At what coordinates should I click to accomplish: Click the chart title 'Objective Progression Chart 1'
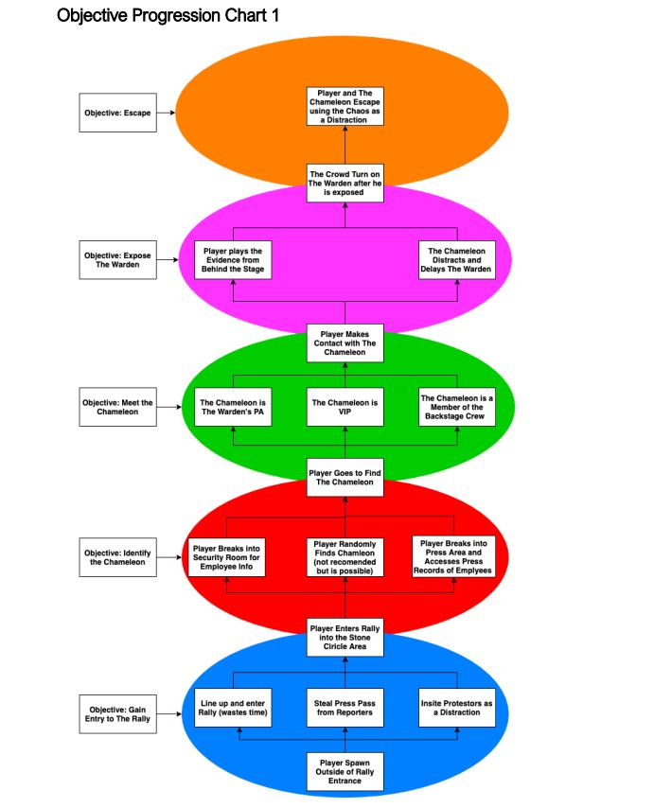coord(168,16)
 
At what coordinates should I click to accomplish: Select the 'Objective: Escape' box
coord(117,113)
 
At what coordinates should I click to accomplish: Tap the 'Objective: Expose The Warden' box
coord(117,259)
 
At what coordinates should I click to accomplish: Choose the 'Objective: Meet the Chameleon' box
coord(117,406)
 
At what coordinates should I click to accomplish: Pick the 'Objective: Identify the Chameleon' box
coord(117,557)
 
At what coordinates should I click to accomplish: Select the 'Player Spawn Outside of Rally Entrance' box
coord(345,771)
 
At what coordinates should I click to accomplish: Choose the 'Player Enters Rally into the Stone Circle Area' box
coord(345,637)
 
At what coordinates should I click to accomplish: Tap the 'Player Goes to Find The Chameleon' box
coord(345,476)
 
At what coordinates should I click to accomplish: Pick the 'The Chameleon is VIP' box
coord(345,408)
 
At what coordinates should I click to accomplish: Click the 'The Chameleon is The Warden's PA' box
coord(233,408)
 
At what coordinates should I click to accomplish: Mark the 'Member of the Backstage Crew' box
coord(457,408)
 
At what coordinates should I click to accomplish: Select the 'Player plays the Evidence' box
coord(233,259)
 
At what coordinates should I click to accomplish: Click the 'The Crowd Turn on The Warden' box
coord(345,182)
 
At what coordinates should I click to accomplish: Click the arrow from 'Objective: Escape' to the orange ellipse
coord(168,113)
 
